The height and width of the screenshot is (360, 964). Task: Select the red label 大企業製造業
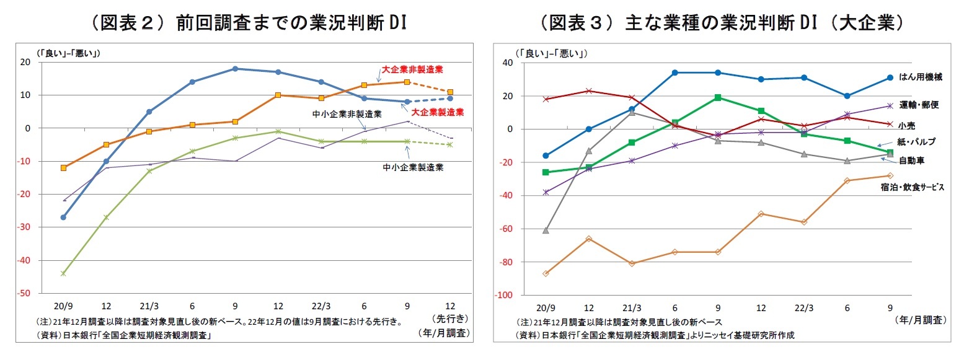438,112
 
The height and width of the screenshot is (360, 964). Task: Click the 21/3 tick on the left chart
148,306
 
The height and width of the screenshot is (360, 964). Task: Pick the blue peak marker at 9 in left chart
235,69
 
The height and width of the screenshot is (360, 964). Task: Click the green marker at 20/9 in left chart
63,273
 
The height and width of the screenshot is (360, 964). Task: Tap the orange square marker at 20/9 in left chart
63,168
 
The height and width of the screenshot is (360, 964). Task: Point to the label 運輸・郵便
918,105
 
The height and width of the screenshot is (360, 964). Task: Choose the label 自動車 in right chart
912,160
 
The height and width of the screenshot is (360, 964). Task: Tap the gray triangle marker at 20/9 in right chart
546,230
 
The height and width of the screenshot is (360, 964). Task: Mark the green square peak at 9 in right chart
717,97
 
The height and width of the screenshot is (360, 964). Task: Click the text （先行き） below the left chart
449,319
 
